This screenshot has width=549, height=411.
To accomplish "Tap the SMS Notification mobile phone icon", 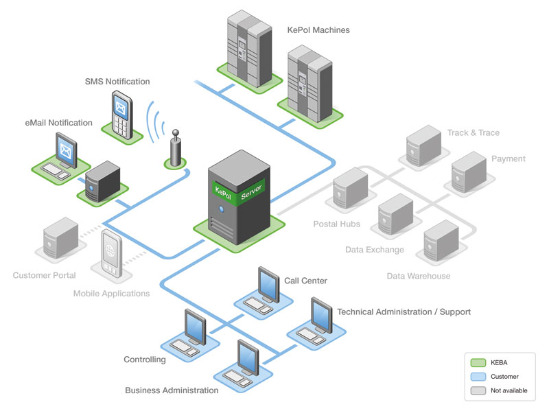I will [x=122, y=113].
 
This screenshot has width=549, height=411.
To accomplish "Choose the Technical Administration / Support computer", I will [x=319, y=319].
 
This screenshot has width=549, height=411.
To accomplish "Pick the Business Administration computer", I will [x=246, y=360].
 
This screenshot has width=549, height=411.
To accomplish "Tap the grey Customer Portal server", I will [x=60, y=238].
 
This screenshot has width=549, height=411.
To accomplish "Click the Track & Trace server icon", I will [x=423, y=145].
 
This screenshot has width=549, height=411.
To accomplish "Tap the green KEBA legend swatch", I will [x=478, y=362].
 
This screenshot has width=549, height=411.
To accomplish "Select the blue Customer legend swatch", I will [x=478, y=377].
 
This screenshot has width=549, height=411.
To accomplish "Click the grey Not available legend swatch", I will [x=478, y=390].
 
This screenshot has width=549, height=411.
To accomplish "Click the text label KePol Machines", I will [x=318, y=30].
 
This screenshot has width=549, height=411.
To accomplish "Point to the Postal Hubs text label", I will [x=336, y=224].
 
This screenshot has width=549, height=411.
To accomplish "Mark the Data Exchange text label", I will [x=374, y=250].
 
